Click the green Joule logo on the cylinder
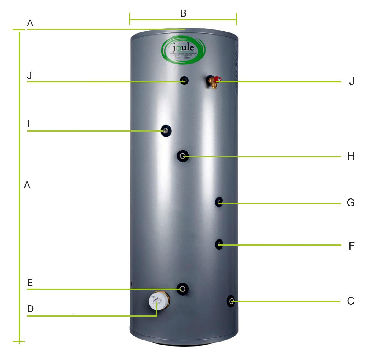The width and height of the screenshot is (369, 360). (183, 51)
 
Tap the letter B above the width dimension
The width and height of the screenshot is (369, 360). (183, 13)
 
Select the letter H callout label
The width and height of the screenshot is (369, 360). (351, 156)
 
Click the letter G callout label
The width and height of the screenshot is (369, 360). (351, 203)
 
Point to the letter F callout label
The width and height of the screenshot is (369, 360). (351, 246)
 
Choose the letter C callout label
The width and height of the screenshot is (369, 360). (351, 301)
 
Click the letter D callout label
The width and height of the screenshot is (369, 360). (30, 309)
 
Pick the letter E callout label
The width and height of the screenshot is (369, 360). (30, 283)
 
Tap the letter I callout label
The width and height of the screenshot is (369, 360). (28, 124)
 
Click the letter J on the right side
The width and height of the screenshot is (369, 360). (351, 81)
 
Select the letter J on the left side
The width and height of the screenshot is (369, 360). (29, 75)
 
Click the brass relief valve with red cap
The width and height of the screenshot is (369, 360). (214, 81)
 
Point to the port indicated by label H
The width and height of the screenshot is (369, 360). (183, 156)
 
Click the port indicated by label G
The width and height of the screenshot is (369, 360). (219, 202)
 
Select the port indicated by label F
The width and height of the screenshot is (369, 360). (219, 244)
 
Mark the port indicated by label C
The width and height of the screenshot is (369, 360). (231, 301)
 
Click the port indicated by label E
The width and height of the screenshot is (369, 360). (183, 289)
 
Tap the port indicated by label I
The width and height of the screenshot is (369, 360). (166, 131)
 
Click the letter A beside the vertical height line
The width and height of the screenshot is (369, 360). (27, 185)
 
